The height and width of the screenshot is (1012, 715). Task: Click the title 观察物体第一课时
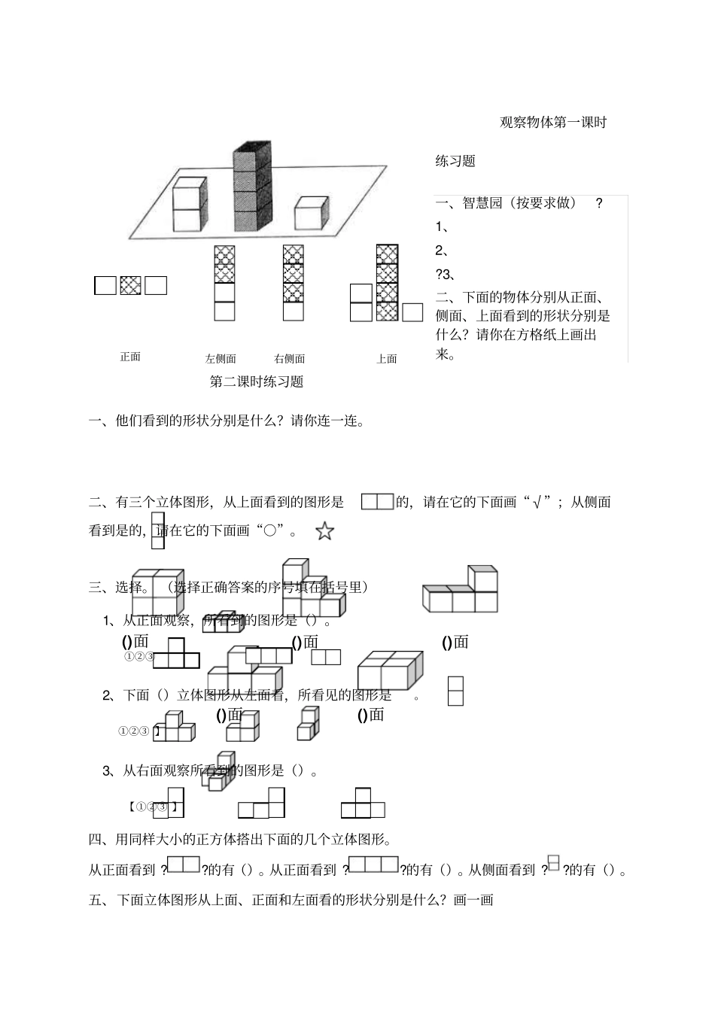(553, 123)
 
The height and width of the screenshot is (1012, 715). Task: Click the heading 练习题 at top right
(455, 161)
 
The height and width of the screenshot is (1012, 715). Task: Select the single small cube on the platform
(312, 212)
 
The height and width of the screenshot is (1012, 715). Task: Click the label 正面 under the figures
(130, 357)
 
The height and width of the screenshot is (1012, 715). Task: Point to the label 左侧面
(221, 359)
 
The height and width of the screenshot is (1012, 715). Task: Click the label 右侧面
(290, 359)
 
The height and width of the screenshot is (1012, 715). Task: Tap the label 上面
(387, 359)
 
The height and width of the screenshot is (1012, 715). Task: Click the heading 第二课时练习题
(257, 381)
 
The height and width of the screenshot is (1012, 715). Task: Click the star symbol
(324, 532)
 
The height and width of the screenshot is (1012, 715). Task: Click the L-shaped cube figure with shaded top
(460, 590)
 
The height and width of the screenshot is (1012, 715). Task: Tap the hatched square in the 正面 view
(130, 285)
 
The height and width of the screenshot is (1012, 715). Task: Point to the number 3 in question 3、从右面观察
(106, 770)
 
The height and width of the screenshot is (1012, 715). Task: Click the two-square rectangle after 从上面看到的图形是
(377, 502)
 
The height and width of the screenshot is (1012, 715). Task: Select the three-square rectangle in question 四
(373, 865)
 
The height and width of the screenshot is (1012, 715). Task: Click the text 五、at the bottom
(99, 899)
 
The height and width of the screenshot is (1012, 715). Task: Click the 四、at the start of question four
(99, 838)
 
